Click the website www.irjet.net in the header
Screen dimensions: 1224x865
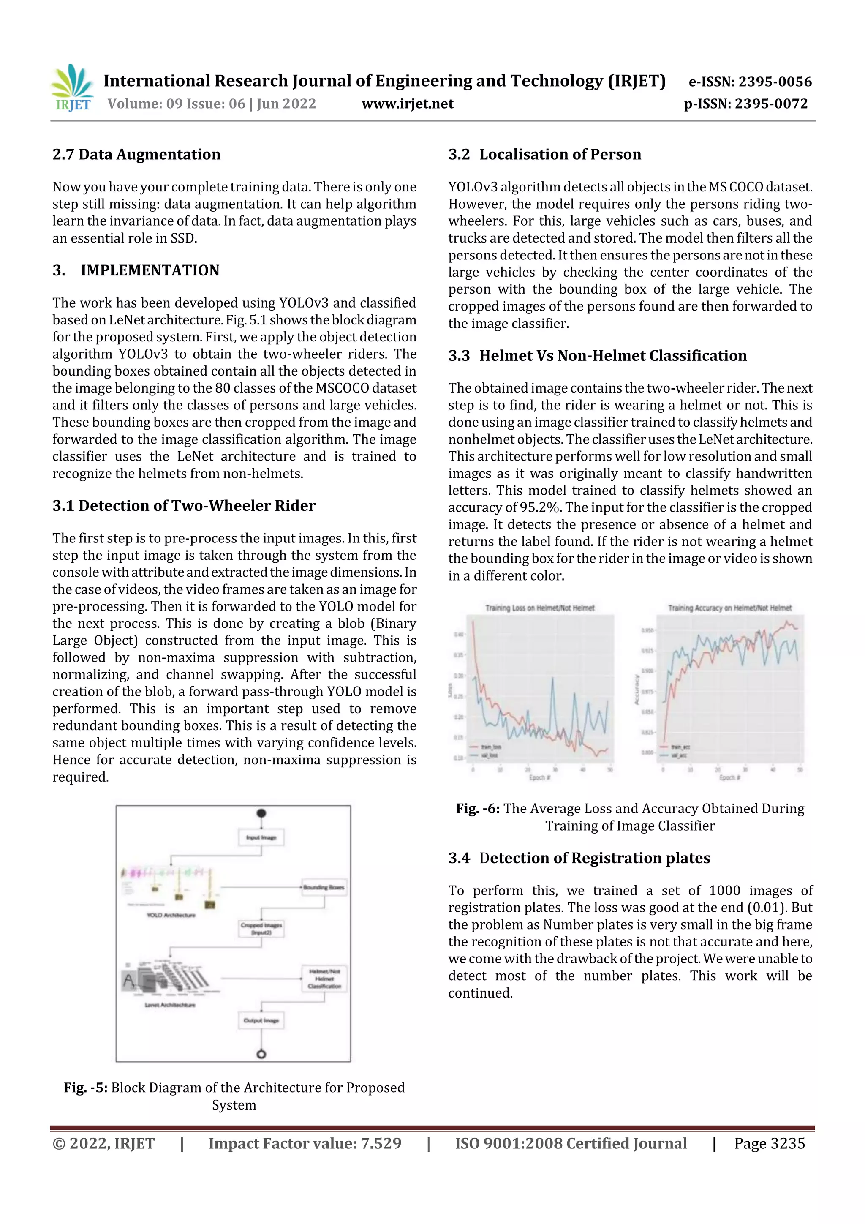(x=407, y=104)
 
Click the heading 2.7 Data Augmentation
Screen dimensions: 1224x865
(x=136, y=155)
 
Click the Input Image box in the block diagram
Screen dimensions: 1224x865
(x=261, y=837)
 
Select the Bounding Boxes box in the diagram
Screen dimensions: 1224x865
(x=324, y=888)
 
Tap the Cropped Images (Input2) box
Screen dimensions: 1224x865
(x=261, y=929)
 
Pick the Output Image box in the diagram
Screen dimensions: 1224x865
(x=261, y=1020)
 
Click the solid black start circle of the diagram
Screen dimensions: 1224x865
(x=261, y=813)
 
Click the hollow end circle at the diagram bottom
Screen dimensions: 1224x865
(x=261, y=1054)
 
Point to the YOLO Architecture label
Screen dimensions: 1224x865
(x=171, y=915)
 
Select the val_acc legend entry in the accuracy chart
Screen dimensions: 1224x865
(x=678, y=755)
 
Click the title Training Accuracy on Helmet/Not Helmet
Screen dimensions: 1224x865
(x=729, y=608)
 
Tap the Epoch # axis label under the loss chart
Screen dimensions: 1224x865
(x=539, y=778)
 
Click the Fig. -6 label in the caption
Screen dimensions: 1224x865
(x=478, y=809)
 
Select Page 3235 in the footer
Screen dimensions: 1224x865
(x=769, y=1143)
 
